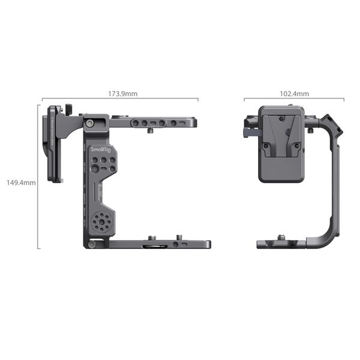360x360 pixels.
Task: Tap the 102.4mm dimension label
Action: point(295,94)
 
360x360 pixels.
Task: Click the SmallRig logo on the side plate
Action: point(101,148)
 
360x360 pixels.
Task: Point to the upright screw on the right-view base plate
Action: point(281,238)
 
